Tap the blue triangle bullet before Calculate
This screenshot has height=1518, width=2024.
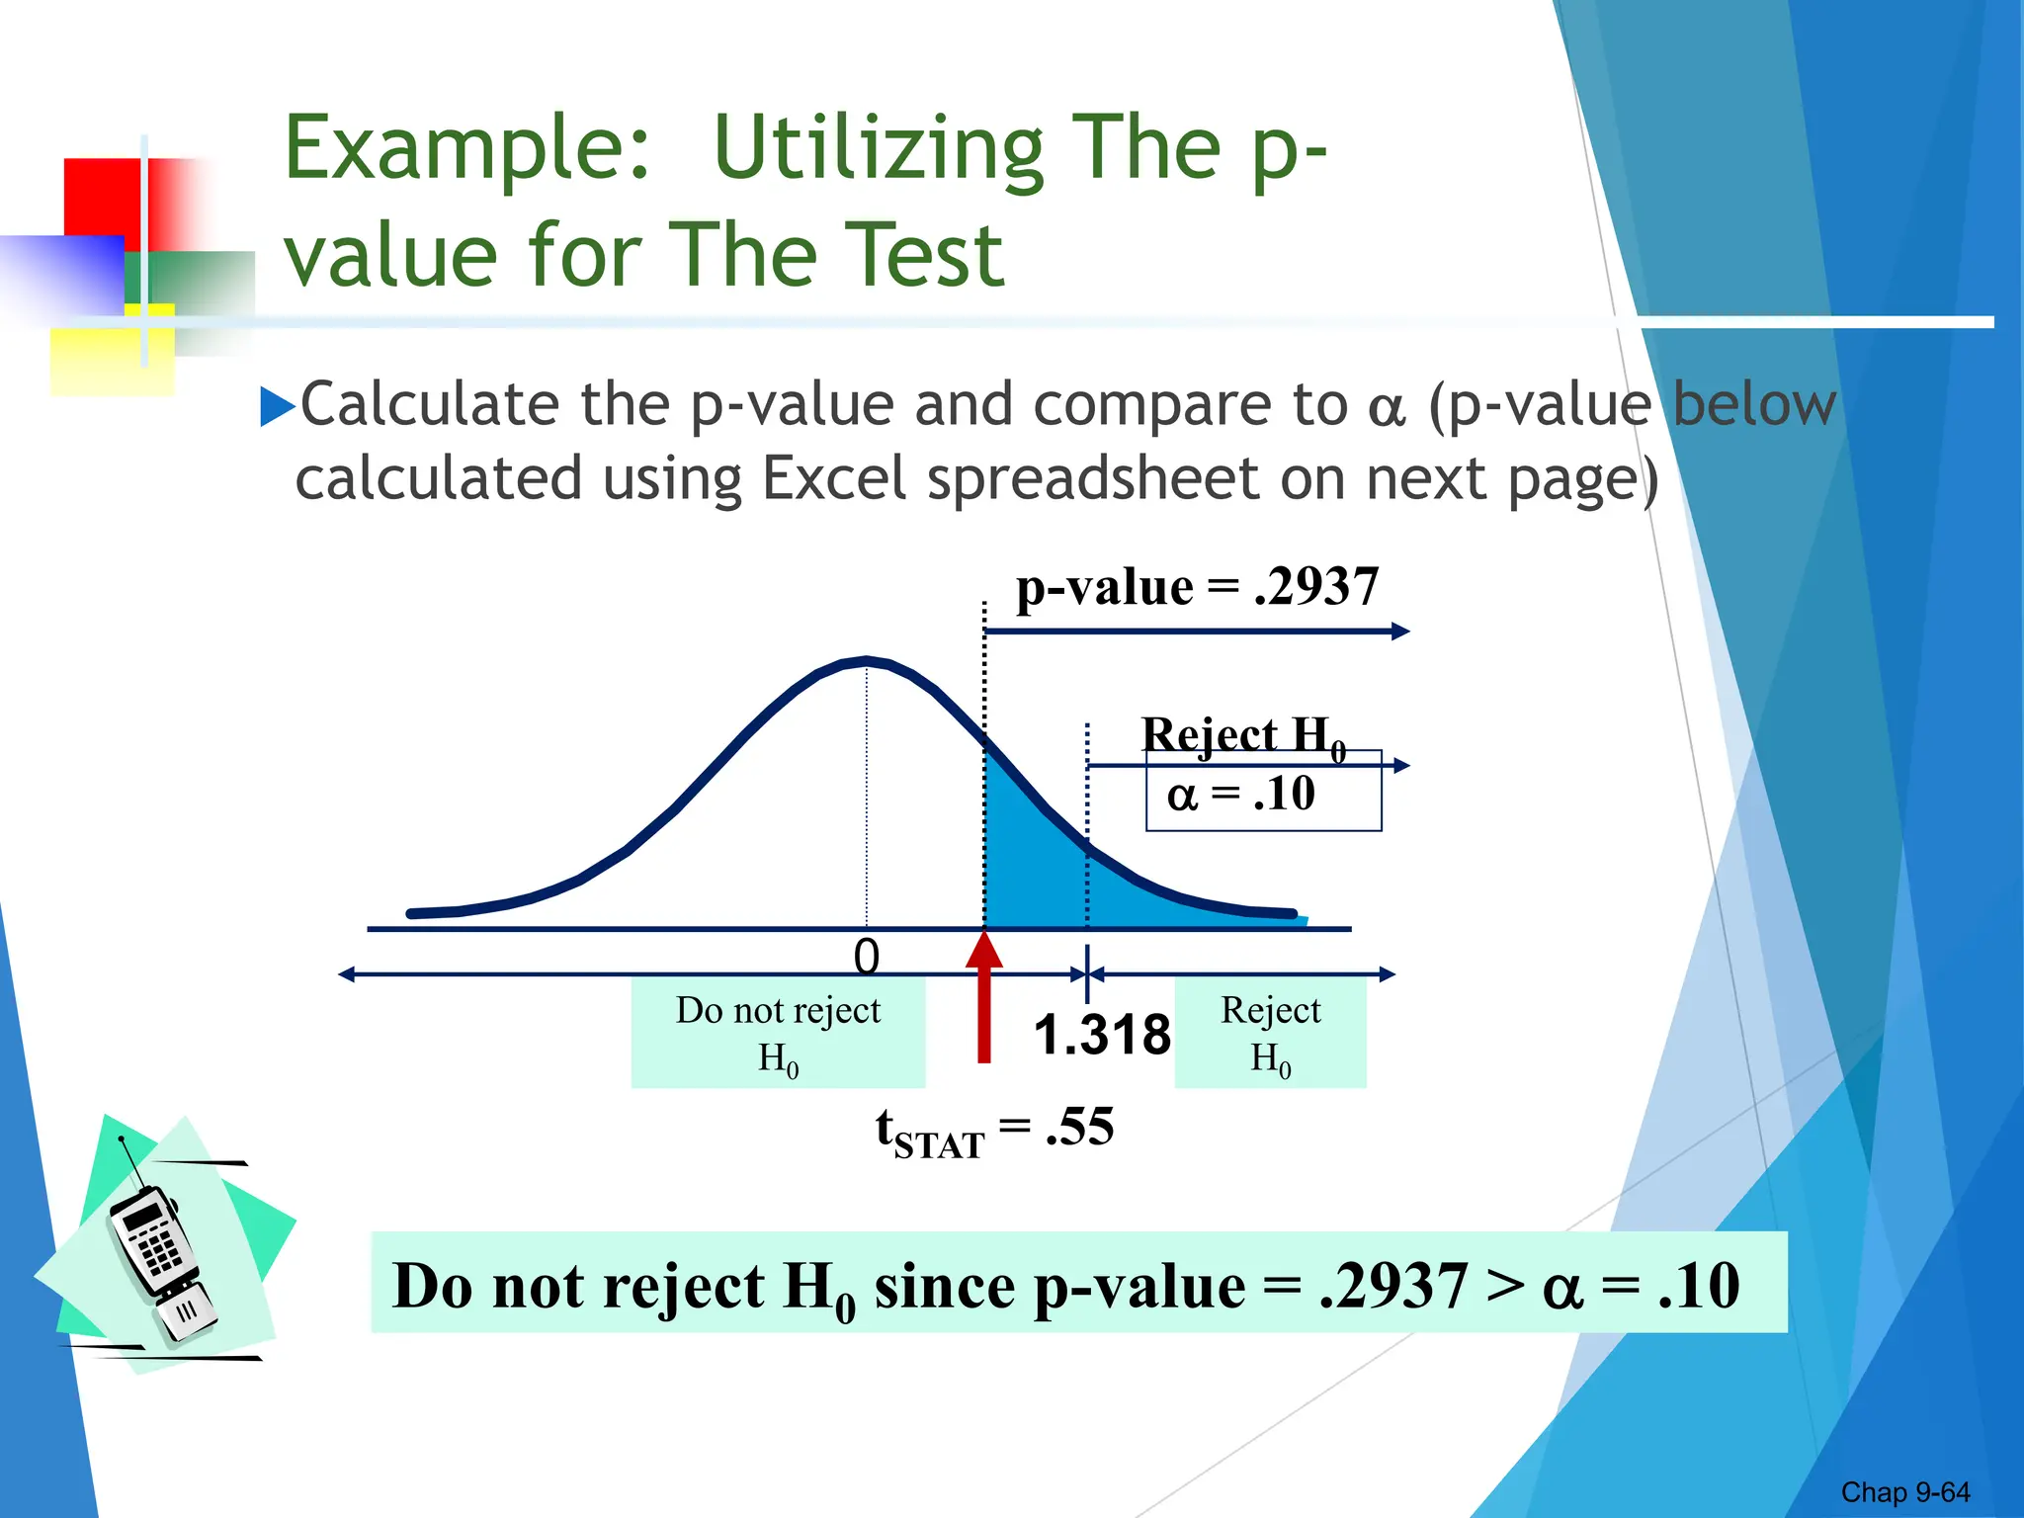pyautogui.click(x=278, y=406)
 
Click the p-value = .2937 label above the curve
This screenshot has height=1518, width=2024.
pyautogui.click(x=1197, y=587)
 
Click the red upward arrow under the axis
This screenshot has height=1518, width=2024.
pyautogui.click(x=984, y=998)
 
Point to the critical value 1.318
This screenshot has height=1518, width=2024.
pyautogui.click(x=1102, y=1035)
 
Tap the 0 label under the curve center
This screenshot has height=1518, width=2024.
pyautogui.click(x=867, y=957)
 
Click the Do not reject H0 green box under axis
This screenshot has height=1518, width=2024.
pyautogui.click(x=778, y=1033)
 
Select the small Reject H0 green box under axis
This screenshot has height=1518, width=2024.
pyautogui.click(x=1270, y=1033)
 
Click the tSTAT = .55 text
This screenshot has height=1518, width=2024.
pyautogui.click(x=994, y=1129)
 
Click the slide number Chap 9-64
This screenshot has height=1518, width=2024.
pyautogui.click(x=1904, y=1491)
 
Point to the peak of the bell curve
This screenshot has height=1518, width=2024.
pyautogui.click(x=867, y=660)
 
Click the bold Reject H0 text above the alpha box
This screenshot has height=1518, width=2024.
pyautogui.click(x=1242, y=735)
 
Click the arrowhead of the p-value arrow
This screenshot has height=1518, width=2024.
pyautogui.click(x=1400, y=632)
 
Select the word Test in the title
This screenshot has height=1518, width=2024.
pyautogui.click(x=924, y=255)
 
